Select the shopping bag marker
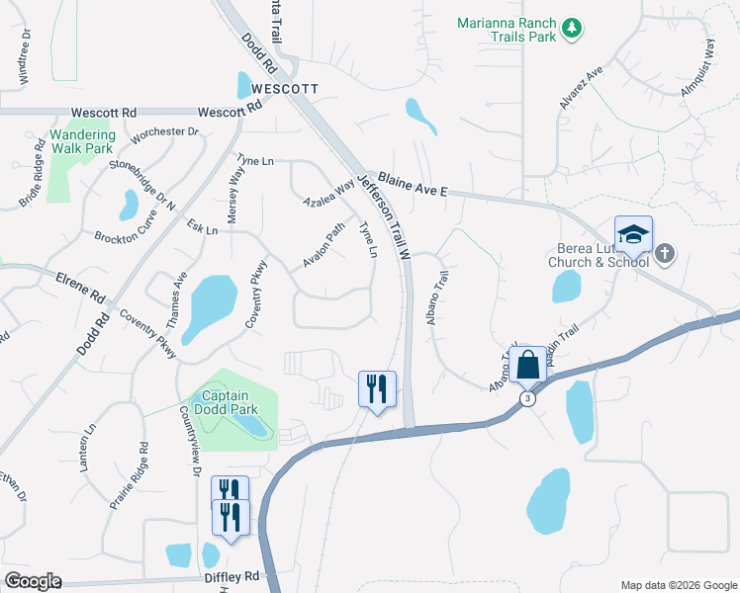pos(528,364)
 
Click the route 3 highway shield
pos(527,398)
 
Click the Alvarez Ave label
pos(580,88)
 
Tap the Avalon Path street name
pos(324,244)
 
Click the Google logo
pos(34,581)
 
